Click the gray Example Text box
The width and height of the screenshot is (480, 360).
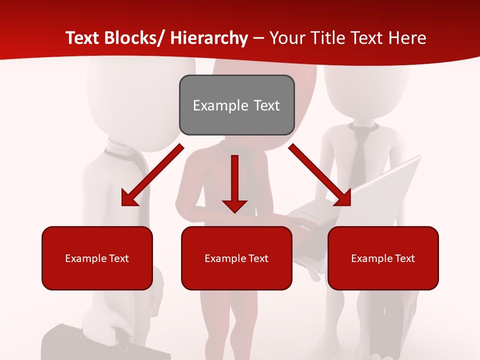click(x=236, y=105)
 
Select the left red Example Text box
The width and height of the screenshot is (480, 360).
click(x=97, y=258)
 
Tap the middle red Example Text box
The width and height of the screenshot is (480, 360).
click(x=236, y=258)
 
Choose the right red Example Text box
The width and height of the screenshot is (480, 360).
click(x=383, y=258)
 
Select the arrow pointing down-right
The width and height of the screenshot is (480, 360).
click(x=319, y=175)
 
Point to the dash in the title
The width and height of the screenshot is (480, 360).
click(x=258, y=38)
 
